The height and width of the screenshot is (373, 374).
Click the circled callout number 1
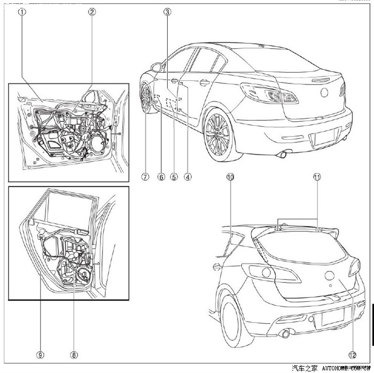(21, 11)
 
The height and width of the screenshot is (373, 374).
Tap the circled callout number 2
(92, 11)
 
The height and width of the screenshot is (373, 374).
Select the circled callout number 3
(167, 11)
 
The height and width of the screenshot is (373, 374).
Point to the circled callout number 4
(188, 176)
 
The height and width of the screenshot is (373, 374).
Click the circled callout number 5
(173, 176)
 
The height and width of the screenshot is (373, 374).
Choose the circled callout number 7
(145, 176)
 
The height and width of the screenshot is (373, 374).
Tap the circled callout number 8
(74, 354)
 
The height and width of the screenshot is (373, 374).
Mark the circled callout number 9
(40, 354)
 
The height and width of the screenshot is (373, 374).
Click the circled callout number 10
(230, 176)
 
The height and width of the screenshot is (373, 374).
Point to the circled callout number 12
(352, 354)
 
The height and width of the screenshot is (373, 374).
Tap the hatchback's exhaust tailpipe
(286, 334)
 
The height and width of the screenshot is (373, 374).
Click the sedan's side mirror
(157, 67)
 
